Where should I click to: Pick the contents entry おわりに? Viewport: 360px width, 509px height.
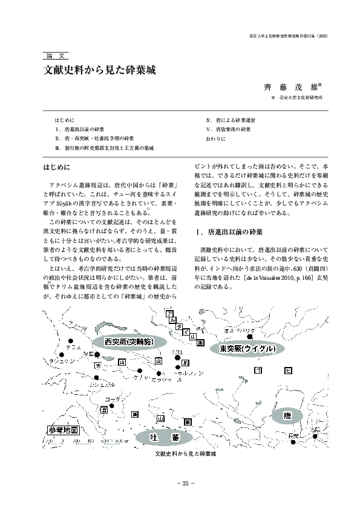[216, 138]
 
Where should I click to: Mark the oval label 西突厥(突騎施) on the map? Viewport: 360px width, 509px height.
[129, 342]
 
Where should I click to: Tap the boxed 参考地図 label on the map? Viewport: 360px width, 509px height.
[62, 430]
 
